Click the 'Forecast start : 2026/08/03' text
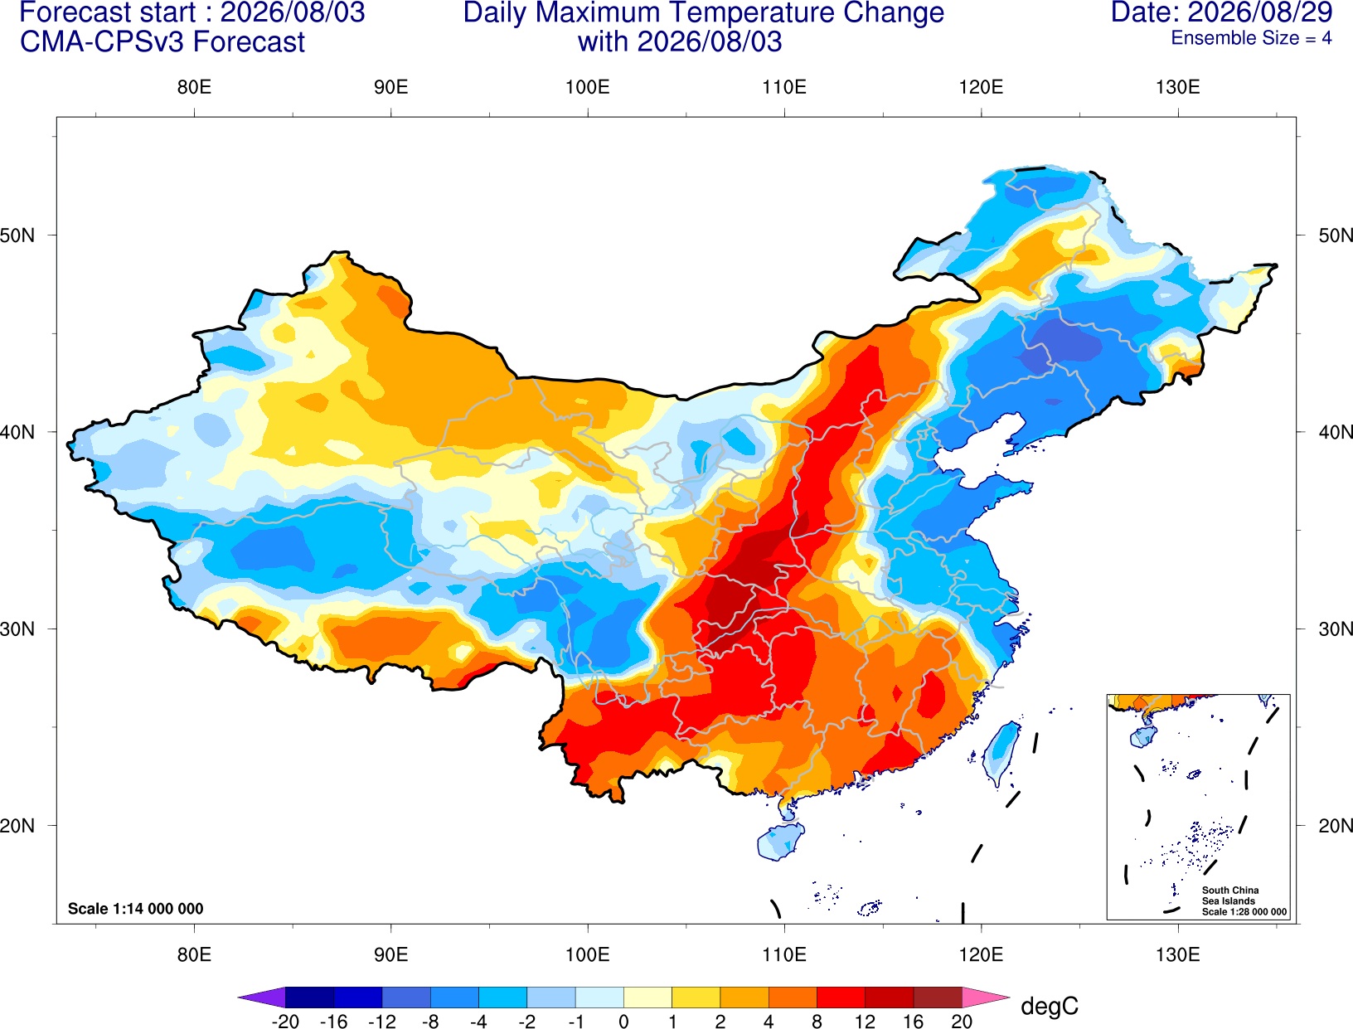[192, 12]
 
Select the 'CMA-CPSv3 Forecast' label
[162, 42]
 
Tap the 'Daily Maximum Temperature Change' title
[703, 12]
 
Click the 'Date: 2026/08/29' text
[1221, 12]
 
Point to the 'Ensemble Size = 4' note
[1251, 38]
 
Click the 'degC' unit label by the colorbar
[1049, 1006]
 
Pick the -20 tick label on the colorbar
[285, 1022]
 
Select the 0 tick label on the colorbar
[623, 1022]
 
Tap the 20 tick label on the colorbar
[962, 1022]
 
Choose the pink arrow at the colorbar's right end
[984, 997]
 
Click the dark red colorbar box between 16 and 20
[938, 997]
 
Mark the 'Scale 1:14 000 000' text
[136, 908]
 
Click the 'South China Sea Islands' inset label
[1229, 896]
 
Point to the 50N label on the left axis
[17, 235]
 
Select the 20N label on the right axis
[1335, 826]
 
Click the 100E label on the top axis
[588, 87]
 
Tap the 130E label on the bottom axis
[1178, 955]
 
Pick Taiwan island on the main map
[1000, 752]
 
